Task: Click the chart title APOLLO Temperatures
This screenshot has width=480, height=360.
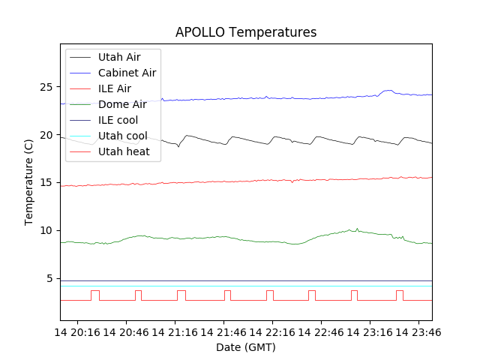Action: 246,32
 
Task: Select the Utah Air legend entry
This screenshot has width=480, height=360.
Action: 118,57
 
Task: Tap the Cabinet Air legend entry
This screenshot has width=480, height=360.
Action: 127,73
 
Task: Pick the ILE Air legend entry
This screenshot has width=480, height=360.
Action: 115,88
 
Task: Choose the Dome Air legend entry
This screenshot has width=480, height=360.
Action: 122,104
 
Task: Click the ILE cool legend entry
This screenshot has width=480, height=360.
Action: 118,120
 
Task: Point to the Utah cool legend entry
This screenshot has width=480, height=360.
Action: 122,136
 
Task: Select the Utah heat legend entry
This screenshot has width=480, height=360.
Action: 124,151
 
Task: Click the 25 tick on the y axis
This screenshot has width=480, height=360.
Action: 49,87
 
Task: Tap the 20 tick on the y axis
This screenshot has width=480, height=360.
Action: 49,135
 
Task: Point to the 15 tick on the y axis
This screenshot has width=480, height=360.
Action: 49,182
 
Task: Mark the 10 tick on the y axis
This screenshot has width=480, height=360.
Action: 49,230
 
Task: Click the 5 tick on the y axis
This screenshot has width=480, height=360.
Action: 52,278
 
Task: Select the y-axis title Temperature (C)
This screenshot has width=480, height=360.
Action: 29,182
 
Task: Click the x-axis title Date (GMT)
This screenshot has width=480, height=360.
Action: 246,347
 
